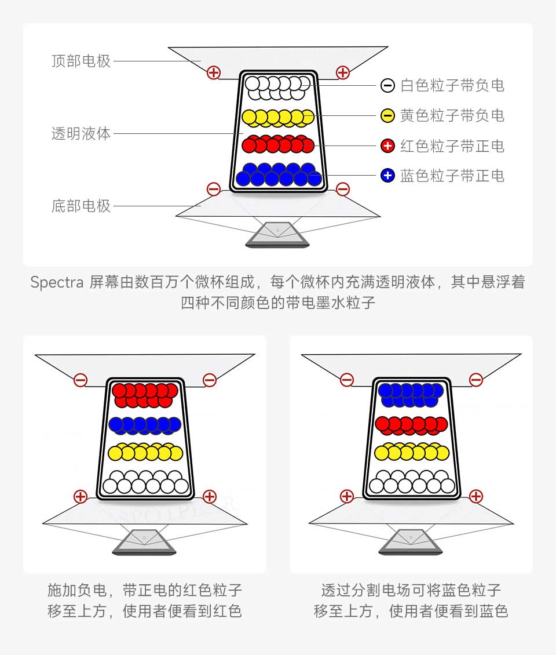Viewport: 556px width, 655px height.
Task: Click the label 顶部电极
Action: coord(81,61)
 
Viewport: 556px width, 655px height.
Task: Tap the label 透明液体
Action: coord(81,134)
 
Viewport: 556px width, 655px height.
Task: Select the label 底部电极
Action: coord(81,206)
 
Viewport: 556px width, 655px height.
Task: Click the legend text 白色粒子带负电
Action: coord(452,86)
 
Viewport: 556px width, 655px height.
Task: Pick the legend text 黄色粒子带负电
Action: coord(452,116)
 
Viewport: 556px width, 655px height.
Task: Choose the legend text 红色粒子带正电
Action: coord(452,146)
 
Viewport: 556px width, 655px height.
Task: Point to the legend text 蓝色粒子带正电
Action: coord(452,176)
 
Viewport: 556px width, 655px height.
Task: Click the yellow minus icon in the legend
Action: coord(388,116)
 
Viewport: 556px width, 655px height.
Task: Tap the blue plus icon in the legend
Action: coord(388,176)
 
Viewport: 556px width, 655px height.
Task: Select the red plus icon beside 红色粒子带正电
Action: coord(388,146)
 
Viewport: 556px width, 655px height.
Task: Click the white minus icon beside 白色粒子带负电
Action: coord(388,86)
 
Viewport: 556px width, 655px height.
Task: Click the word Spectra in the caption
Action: coord(57,283)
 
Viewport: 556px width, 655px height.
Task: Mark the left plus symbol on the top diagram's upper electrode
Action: coord(214,72)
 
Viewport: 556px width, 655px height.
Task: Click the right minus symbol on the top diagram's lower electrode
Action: coord(343,189)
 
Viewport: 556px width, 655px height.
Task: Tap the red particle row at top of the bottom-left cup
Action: coord(145,395)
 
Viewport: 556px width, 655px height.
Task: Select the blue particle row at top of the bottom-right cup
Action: coord(411,395)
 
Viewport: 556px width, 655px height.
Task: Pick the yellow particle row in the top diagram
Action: coord(278,118)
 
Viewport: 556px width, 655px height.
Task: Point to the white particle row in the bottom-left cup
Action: coord(146,482)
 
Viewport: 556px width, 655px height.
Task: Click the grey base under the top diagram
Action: coord(277,235)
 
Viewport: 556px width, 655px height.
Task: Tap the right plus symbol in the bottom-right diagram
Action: coord(476,496)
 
